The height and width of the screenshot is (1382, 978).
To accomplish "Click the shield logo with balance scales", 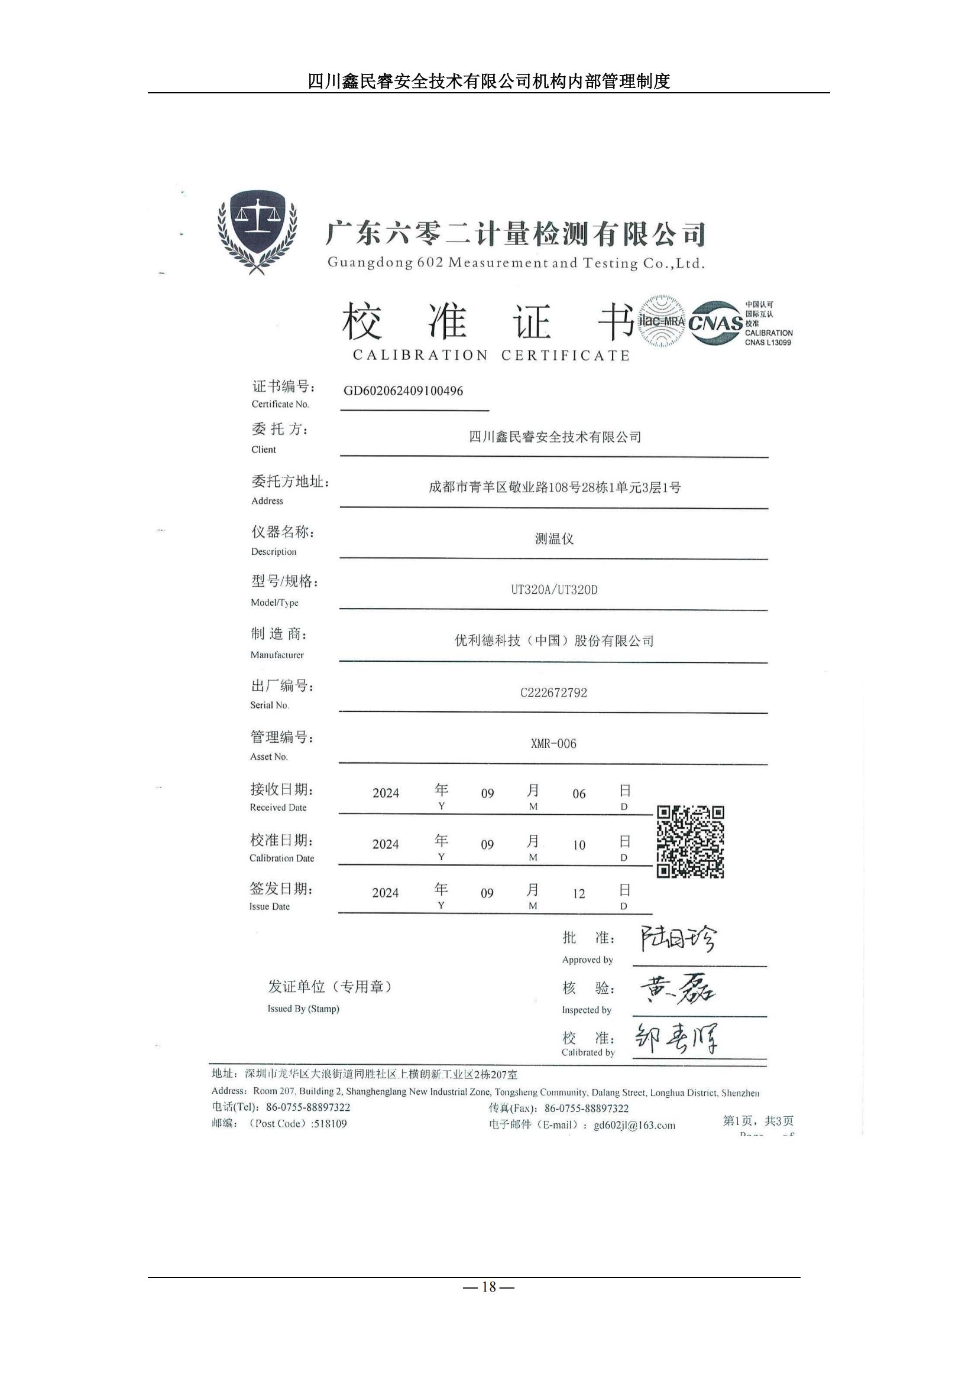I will click(257, 232).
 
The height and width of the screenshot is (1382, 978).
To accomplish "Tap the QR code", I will click(690, 841).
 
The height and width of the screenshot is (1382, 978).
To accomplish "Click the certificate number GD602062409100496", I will click(403, 391).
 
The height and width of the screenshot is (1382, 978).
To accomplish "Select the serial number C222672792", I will click(553, 693).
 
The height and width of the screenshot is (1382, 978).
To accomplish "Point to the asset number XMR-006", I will click(553, 744).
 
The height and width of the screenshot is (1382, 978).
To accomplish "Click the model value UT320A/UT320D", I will click(554, 590).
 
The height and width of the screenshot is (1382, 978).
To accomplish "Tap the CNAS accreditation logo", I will click(715, 323).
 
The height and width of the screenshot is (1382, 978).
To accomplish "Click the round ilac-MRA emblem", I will click(661, 321).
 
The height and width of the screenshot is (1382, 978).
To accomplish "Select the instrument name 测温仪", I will click(554, 539).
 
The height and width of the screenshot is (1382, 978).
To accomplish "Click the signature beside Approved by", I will click(678, 938).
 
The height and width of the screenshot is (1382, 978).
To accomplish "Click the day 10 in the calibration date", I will click(579, 845).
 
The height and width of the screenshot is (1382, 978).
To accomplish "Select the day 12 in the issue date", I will click(579, 894).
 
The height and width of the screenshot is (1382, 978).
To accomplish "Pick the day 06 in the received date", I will click(579, 794).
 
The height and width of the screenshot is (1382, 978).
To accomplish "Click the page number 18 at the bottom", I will click(489, 1287).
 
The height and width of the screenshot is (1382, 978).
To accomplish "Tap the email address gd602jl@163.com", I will click(634, 1125).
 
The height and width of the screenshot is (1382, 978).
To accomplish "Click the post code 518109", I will click(330, 1124).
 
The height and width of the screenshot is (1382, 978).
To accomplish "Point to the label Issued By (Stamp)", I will click(303, 1009).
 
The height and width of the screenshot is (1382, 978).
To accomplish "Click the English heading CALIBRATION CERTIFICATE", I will click(491, 356).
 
